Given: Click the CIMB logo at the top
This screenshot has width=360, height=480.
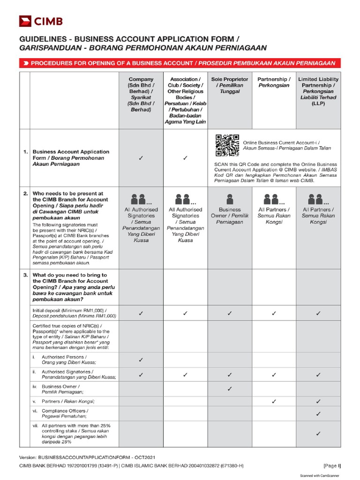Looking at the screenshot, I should pyautogui.click(x=41, y=21).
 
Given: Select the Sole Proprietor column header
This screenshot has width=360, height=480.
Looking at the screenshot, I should pyautogui.click(x=230, y=86).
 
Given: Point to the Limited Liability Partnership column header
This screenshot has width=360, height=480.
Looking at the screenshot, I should pyautogui.click(x=319, y=91).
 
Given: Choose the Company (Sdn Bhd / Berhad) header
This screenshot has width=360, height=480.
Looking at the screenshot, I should pyautogui.click(x=141, y=94).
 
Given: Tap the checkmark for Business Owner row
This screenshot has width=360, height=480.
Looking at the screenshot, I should pyautogui.click(x=230, y=389).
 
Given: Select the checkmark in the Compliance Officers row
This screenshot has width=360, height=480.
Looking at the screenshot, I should pyautogui.click(x=318, y=413).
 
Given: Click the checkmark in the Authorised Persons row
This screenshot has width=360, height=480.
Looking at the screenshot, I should pyautogui.click(x=141, y=360).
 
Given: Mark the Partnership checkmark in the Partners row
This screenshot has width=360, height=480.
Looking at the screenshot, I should pyautogui.click(x=274, y=401).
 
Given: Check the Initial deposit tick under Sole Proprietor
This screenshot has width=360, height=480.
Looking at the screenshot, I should pyautogui.click(x=230, y=313).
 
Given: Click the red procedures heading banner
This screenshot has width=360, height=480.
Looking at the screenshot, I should pyautogui.click(x=180, y=63).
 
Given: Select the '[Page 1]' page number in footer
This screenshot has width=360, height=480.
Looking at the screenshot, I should pyautogui.click(x=332, y=465).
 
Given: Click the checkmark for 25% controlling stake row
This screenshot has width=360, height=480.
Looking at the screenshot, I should pyautogui.click(x=318, y=434).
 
